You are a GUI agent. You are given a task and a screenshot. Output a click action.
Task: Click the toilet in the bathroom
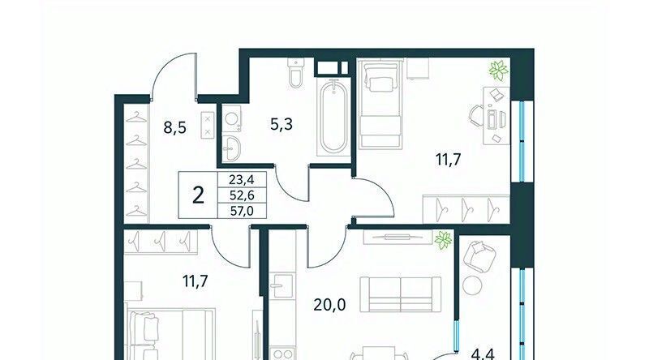tap(296, 73)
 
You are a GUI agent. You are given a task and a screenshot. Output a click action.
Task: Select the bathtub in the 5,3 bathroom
tap(333, 117)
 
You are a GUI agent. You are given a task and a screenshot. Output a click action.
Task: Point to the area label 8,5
tap(174, 127)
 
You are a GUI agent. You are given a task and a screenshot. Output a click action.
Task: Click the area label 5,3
tap(282, 124)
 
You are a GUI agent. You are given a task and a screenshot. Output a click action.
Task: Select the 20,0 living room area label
tap(329, 305)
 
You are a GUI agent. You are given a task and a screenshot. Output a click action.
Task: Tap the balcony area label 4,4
tap(483, 355)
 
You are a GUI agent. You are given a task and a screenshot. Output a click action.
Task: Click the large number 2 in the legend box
tap(198, 195)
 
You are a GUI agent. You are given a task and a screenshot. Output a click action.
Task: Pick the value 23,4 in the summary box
tap(242, 179)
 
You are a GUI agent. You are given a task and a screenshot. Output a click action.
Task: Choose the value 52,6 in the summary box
tap(242, 195)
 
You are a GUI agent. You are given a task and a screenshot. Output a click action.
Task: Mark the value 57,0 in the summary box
tap(242, 212)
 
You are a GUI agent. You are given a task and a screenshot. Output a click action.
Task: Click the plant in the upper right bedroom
tap(499, 71)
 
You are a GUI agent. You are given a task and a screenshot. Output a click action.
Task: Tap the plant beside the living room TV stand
tap(443, 241)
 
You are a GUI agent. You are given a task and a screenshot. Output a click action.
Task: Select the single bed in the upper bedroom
tap(380, 104)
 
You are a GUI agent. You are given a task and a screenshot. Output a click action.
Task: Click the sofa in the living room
tap(400, 294)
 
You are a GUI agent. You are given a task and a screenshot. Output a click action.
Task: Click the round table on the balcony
tap(472, 285)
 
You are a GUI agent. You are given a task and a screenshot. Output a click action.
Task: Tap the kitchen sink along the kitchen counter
tap(282, 285)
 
